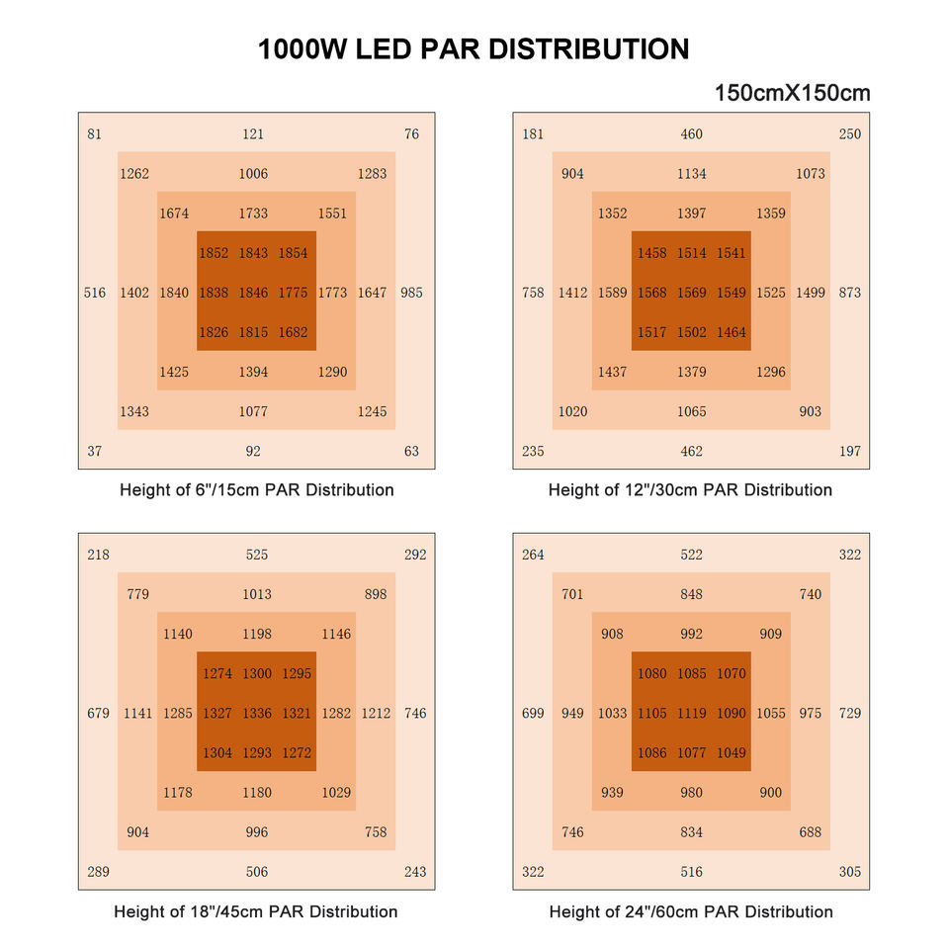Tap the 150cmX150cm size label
(792, 94)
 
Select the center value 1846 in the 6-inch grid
(253, 293)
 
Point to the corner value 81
(94, 134)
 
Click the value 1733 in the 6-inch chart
(253, 214)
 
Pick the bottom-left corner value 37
(94, 452)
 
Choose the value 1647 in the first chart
(372, 293)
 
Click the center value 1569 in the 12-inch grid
(692, 293)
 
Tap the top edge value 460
(692, 134)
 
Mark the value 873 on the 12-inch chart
(850, 293)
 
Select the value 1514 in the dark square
(692, 253)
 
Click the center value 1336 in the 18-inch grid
(257, 714)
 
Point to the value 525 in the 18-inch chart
(257, 556)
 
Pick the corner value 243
(415, 872)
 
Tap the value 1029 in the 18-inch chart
(336, 793)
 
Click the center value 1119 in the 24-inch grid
(692, 714)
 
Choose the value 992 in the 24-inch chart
(692, 635)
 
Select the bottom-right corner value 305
(850, 872)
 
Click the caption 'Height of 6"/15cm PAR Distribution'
(257, 490)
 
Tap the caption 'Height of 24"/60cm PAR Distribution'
(691, 911)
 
